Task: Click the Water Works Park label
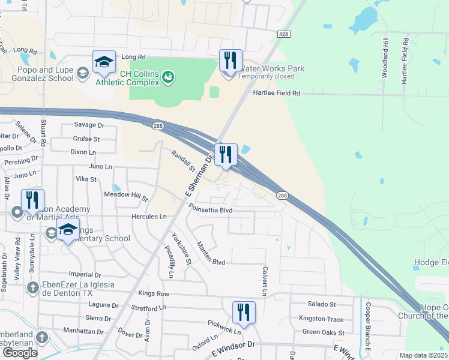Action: tap(271, 68)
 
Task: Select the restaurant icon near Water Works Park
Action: tap(231, 61)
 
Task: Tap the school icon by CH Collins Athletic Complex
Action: tap(104, 62)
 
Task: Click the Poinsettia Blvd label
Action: tap(210, 211)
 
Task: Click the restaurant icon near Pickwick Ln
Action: tap(244, 312)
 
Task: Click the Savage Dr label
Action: tap(89, 125)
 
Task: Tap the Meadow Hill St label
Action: tap(126, 196)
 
